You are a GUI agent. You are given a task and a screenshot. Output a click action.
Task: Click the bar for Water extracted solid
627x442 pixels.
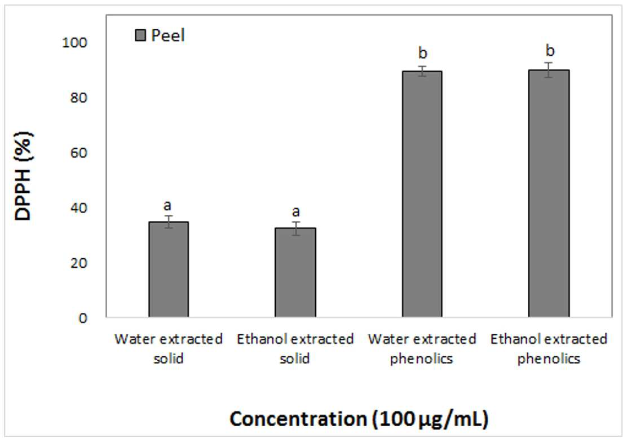pos(169,269)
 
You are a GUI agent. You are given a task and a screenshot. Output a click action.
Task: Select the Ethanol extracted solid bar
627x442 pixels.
pos(295,272)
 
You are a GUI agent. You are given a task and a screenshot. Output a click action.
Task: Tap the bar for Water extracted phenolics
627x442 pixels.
pos(422,194)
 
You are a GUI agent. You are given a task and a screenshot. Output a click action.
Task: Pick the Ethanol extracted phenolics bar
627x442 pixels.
pos(549,193)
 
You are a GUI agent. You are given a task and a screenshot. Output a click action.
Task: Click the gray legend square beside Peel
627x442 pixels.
pos(140,35)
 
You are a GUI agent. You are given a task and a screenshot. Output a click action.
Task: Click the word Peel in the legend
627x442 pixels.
pos(168,36)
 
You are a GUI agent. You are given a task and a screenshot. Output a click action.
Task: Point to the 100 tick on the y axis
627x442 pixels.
pos(74,42)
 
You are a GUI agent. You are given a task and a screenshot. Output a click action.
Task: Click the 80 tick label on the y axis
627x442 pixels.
pos(78,98)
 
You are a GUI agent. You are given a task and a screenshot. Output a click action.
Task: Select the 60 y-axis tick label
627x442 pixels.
pos(78,153)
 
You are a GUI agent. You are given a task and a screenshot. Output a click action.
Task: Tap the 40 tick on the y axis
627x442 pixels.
pos(78,208)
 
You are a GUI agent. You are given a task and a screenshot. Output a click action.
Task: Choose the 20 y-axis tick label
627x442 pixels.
pos(78,263)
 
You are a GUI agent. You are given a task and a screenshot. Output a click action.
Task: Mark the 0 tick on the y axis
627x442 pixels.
pos(83,319)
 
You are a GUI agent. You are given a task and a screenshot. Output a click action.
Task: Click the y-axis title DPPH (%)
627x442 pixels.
pos(23,176)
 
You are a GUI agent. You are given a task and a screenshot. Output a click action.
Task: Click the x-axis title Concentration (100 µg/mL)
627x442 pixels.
pos(359,419)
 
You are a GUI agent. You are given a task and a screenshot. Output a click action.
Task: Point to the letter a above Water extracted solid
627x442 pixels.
pos(167,206)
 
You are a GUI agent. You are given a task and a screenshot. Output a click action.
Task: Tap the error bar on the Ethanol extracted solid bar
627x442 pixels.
pos(295,228)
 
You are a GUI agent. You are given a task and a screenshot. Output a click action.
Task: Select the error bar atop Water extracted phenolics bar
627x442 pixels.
pos(422,71)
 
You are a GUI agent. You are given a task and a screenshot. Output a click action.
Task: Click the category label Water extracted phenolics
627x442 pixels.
pos(422,348)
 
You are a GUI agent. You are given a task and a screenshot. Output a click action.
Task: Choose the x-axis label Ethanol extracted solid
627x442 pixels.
pos(295,348)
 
